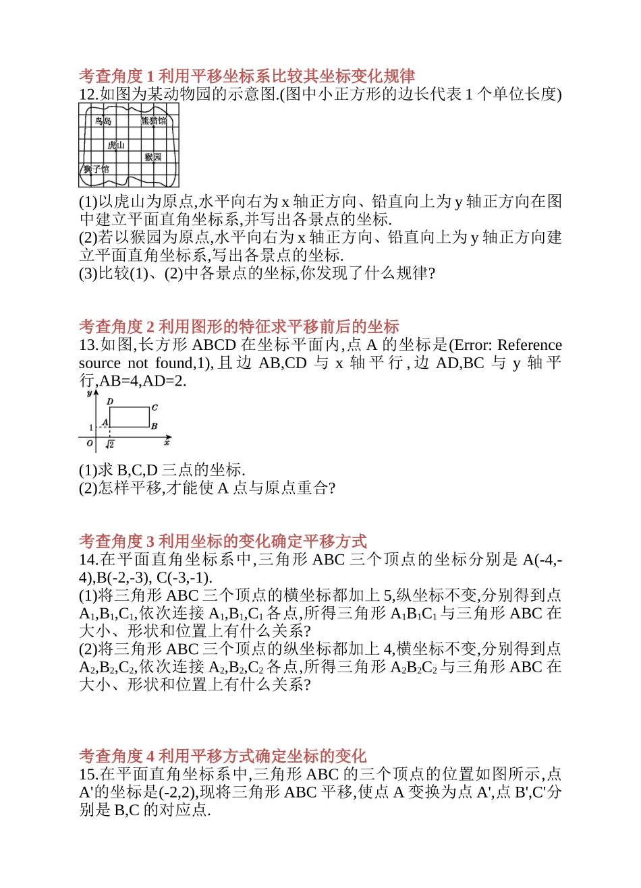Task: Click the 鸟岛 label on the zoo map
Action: (103, 121)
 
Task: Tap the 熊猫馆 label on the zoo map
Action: (153, 121)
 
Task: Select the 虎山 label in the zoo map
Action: (116, 145)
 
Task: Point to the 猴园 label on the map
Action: (153, 157)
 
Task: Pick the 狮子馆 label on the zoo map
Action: (96, 169)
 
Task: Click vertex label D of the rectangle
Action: (111, 401)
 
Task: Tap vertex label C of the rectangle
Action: (155, 407)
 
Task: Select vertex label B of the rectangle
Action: (154, 426)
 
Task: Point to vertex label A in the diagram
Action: (105, 422)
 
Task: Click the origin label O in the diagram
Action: (90, 443)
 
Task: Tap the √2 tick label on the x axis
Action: (110, 444)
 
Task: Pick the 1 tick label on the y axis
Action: (91, 427)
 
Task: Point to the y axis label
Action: (89, 392)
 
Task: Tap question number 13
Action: (88, 345)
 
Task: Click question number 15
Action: (88, 774)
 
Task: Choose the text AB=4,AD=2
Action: (142, 380)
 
